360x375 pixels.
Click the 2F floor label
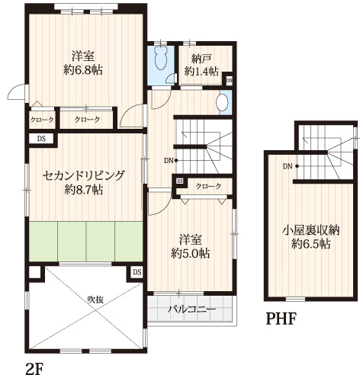pos(35,368)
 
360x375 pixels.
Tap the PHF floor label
pos(281,319)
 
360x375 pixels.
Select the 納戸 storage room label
pos(201,59)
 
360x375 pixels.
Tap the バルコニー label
pos(192,309)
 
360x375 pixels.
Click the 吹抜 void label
pos(95,300)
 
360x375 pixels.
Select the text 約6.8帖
pos(83,69)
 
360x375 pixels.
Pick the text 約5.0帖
pos(191,253)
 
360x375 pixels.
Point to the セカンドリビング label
pos(84,175)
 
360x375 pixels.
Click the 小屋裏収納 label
pos(311,230)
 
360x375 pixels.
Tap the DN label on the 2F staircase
pos(169,161)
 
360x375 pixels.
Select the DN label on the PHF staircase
pos(288,167)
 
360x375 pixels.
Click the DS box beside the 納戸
pos(230,81)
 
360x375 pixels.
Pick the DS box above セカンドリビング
pos(41,139)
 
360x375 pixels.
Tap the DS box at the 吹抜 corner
pos(137,272)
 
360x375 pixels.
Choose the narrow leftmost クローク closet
pos(42,120)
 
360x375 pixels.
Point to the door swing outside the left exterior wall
pos(18,91)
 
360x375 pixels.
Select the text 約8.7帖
pos(84,190)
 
